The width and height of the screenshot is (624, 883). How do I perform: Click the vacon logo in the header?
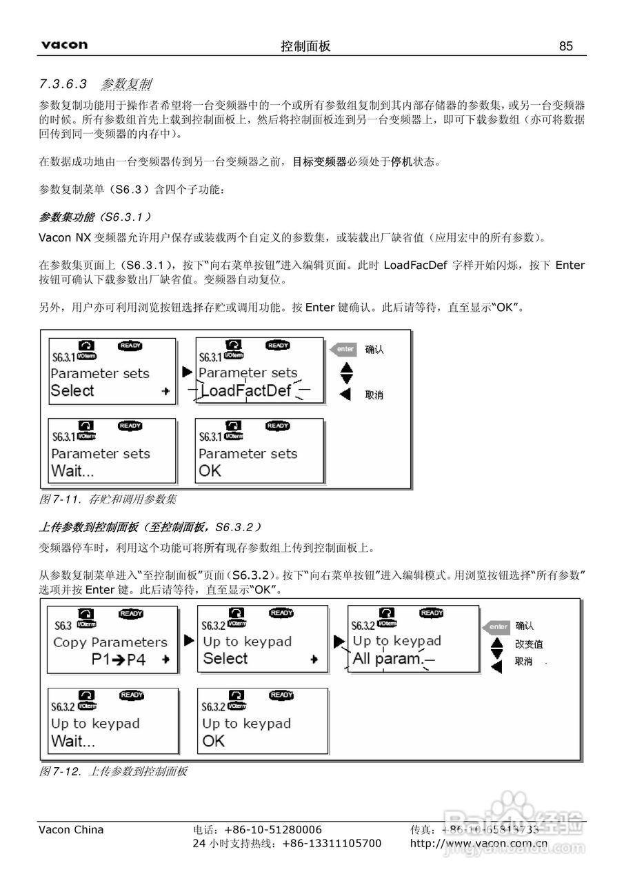click(64, 46)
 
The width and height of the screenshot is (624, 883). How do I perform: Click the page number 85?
click(566, 46)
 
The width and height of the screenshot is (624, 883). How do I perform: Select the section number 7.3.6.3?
click(63, 84)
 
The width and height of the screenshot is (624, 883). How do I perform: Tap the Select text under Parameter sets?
click(72, 390)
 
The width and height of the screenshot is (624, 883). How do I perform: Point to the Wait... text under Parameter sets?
click(72, 472)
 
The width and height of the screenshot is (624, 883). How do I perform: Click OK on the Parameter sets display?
click(210, 472)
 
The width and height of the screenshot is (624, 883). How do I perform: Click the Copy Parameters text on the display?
click(110, 642)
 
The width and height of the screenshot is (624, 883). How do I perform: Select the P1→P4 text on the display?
click(119, 659)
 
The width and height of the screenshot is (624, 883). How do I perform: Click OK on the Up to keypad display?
click(214, 741)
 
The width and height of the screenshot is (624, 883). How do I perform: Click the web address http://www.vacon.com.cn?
click(479, 843)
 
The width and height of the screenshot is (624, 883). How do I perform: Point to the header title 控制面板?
click(305, 46)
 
